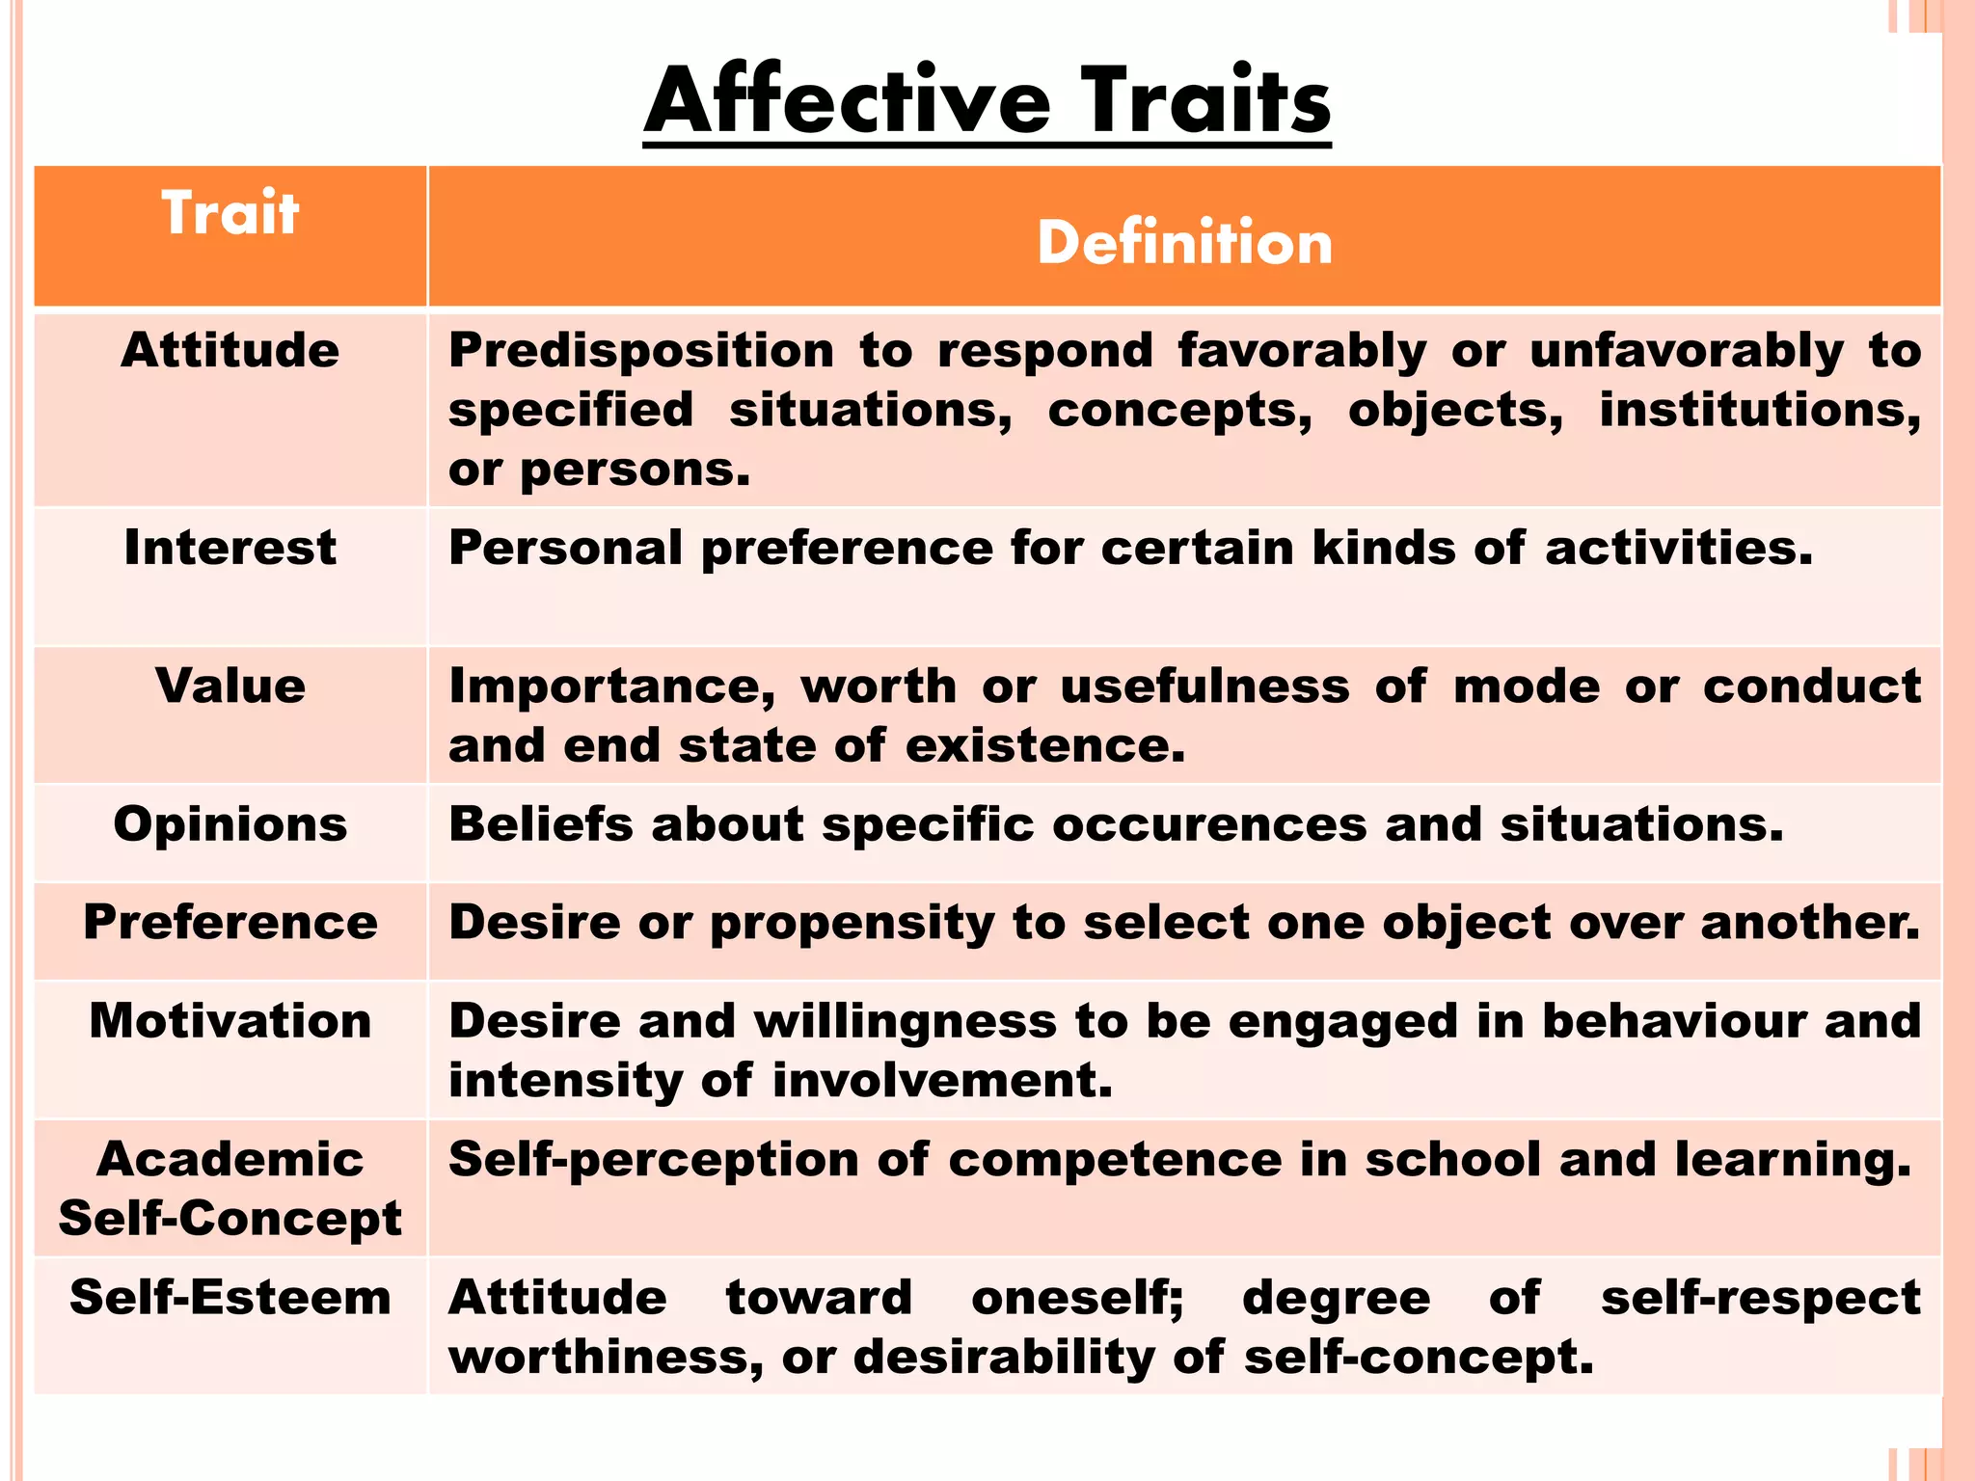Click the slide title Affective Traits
tap(987, 101)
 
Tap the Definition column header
tap(1184, 242)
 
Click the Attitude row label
tap(230, 350)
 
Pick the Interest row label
tap(230, 548)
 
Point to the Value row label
tap(230, 687)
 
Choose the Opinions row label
tap(230, 824)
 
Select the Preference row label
tap(230, 923)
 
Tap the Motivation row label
tap(230, 1021)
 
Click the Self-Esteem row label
tap(230, 1298)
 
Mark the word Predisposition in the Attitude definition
tap(641, 351)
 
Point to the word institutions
tap(1760, 411)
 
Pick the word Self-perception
tap(653, 1160)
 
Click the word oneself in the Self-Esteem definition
tap(1076, 1298)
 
